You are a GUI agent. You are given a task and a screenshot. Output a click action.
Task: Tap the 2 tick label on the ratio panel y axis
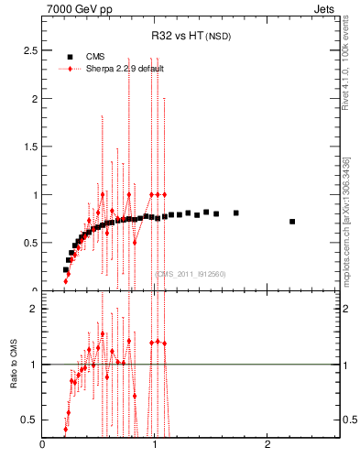tap(33, 309)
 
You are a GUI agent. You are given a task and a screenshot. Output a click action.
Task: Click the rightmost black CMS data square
tap(292, 222)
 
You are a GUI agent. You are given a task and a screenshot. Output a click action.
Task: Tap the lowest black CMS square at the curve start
tap(66, 269)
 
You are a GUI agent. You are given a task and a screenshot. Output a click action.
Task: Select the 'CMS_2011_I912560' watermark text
tap(190, 274)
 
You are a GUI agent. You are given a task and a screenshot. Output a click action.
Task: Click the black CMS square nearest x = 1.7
tap(235, 213)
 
